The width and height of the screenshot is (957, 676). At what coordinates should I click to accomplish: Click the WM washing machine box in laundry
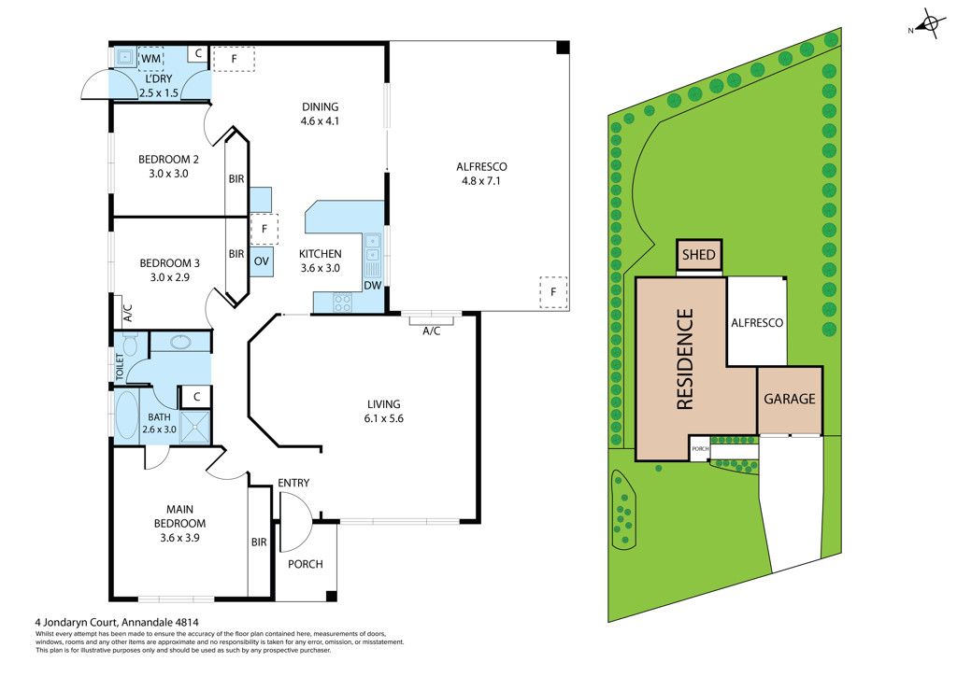click(x=151, y=59)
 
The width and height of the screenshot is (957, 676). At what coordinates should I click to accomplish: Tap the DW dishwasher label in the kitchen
click(x=372, y=287)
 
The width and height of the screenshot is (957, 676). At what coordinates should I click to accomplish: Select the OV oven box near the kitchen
click(x=262, y=261)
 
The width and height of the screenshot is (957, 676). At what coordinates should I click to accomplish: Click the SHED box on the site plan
click(x=699, y=255)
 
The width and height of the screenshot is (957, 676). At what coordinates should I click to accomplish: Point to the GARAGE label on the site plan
click(x=790, y=399)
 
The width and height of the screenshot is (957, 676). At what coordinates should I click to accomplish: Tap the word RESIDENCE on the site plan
click(x=685, y=359)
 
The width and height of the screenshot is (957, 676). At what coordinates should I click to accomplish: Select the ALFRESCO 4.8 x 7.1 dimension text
click(x=480, y=175)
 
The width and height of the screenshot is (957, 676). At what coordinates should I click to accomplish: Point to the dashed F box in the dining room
click(x=235, y=59)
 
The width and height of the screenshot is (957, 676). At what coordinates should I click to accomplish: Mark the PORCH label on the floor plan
click(x=305, y=564)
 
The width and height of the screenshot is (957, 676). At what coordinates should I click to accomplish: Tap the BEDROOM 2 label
click(x=169, y=165)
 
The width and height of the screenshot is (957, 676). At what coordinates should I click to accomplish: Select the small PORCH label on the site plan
click(x=700, y=449)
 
